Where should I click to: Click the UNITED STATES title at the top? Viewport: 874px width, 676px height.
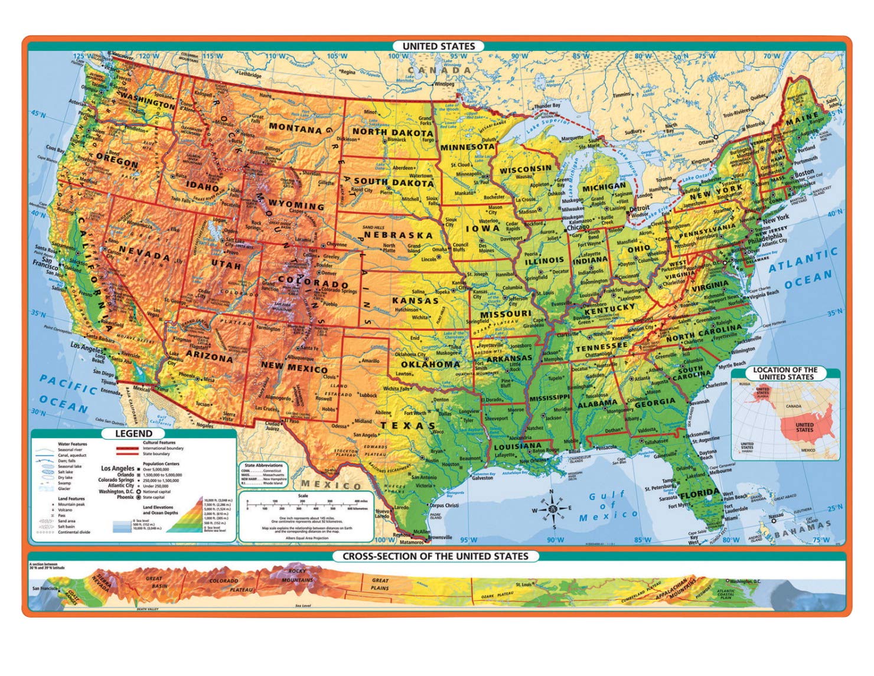[438, 46]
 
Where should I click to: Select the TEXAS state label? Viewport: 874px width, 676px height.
[407, 425]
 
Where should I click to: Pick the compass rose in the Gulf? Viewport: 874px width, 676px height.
[552, 508]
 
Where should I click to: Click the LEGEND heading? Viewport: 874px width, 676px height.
[133, 433]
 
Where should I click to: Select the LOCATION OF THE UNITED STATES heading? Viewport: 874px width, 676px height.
[785, 373]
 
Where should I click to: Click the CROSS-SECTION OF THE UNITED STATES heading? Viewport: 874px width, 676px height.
[435, 556]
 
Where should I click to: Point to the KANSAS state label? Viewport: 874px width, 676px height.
[415, 301]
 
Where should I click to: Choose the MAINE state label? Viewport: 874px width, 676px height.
[802, 119]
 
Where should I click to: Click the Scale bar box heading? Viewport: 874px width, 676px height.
[303, 496]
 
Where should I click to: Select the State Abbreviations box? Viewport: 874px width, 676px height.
[264, 474]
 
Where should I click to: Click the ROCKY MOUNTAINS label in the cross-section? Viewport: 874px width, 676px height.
[298, 576]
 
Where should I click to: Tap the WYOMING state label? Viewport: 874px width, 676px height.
[296, 205]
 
